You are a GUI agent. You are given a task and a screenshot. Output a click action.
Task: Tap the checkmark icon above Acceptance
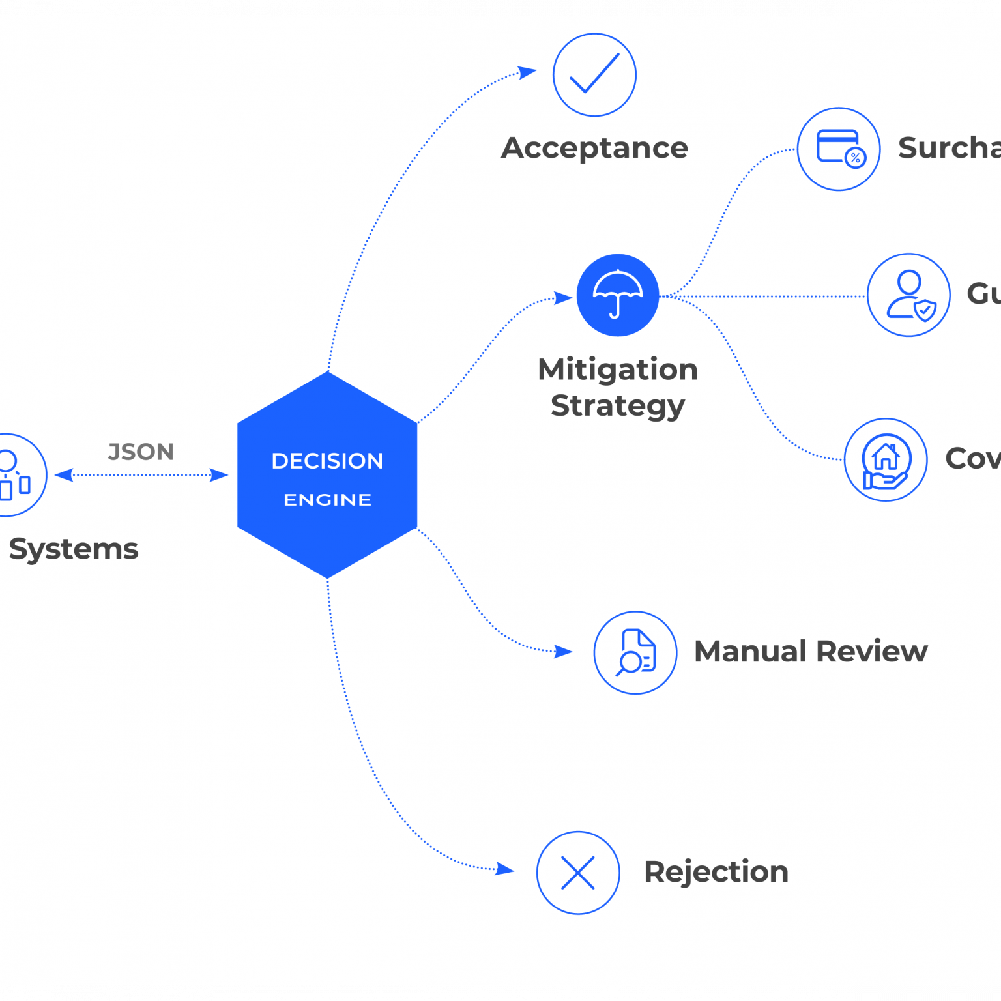click(594, 75)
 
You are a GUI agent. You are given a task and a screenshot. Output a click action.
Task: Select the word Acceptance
click(594, 148)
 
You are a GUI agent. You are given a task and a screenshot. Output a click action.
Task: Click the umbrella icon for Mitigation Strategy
click(618, 295)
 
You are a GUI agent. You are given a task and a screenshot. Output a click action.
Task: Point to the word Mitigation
click(618, 370)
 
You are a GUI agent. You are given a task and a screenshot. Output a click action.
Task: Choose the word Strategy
click(618, 405)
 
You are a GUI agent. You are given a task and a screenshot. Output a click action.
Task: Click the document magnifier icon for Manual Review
click(635, 652)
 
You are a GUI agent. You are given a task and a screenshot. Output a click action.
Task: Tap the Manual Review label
click(811, 651)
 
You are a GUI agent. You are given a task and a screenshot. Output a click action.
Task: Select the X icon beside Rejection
click(578, 873)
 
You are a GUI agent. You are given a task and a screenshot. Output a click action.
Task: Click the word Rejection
click(716, 872)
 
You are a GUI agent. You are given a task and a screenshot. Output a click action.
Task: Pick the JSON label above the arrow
click(141, 452)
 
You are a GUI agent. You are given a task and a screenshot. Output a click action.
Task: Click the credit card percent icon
click(839, 149)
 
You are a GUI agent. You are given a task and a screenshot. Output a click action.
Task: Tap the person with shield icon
click(908, 295)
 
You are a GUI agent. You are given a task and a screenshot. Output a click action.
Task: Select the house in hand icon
click(886, 459)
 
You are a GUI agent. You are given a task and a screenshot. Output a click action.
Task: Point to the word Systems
click(74, 549)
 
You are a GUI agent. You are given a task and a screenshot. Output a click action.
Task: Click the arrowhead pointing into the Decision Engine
click(220, 475)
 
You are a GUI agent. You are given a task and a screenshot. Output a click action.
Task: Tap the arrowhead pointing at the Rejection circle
click(505, 869)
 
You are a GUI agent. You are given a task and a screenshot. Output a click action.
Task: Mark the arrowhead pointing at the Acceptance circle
click(527, 72)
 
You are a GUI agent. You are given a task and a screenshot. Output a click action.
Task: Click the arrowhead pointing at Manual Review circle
click(564, 651)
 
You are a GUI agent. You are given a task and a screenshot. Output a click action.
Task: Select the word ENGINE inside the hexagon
click(327, 500)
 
